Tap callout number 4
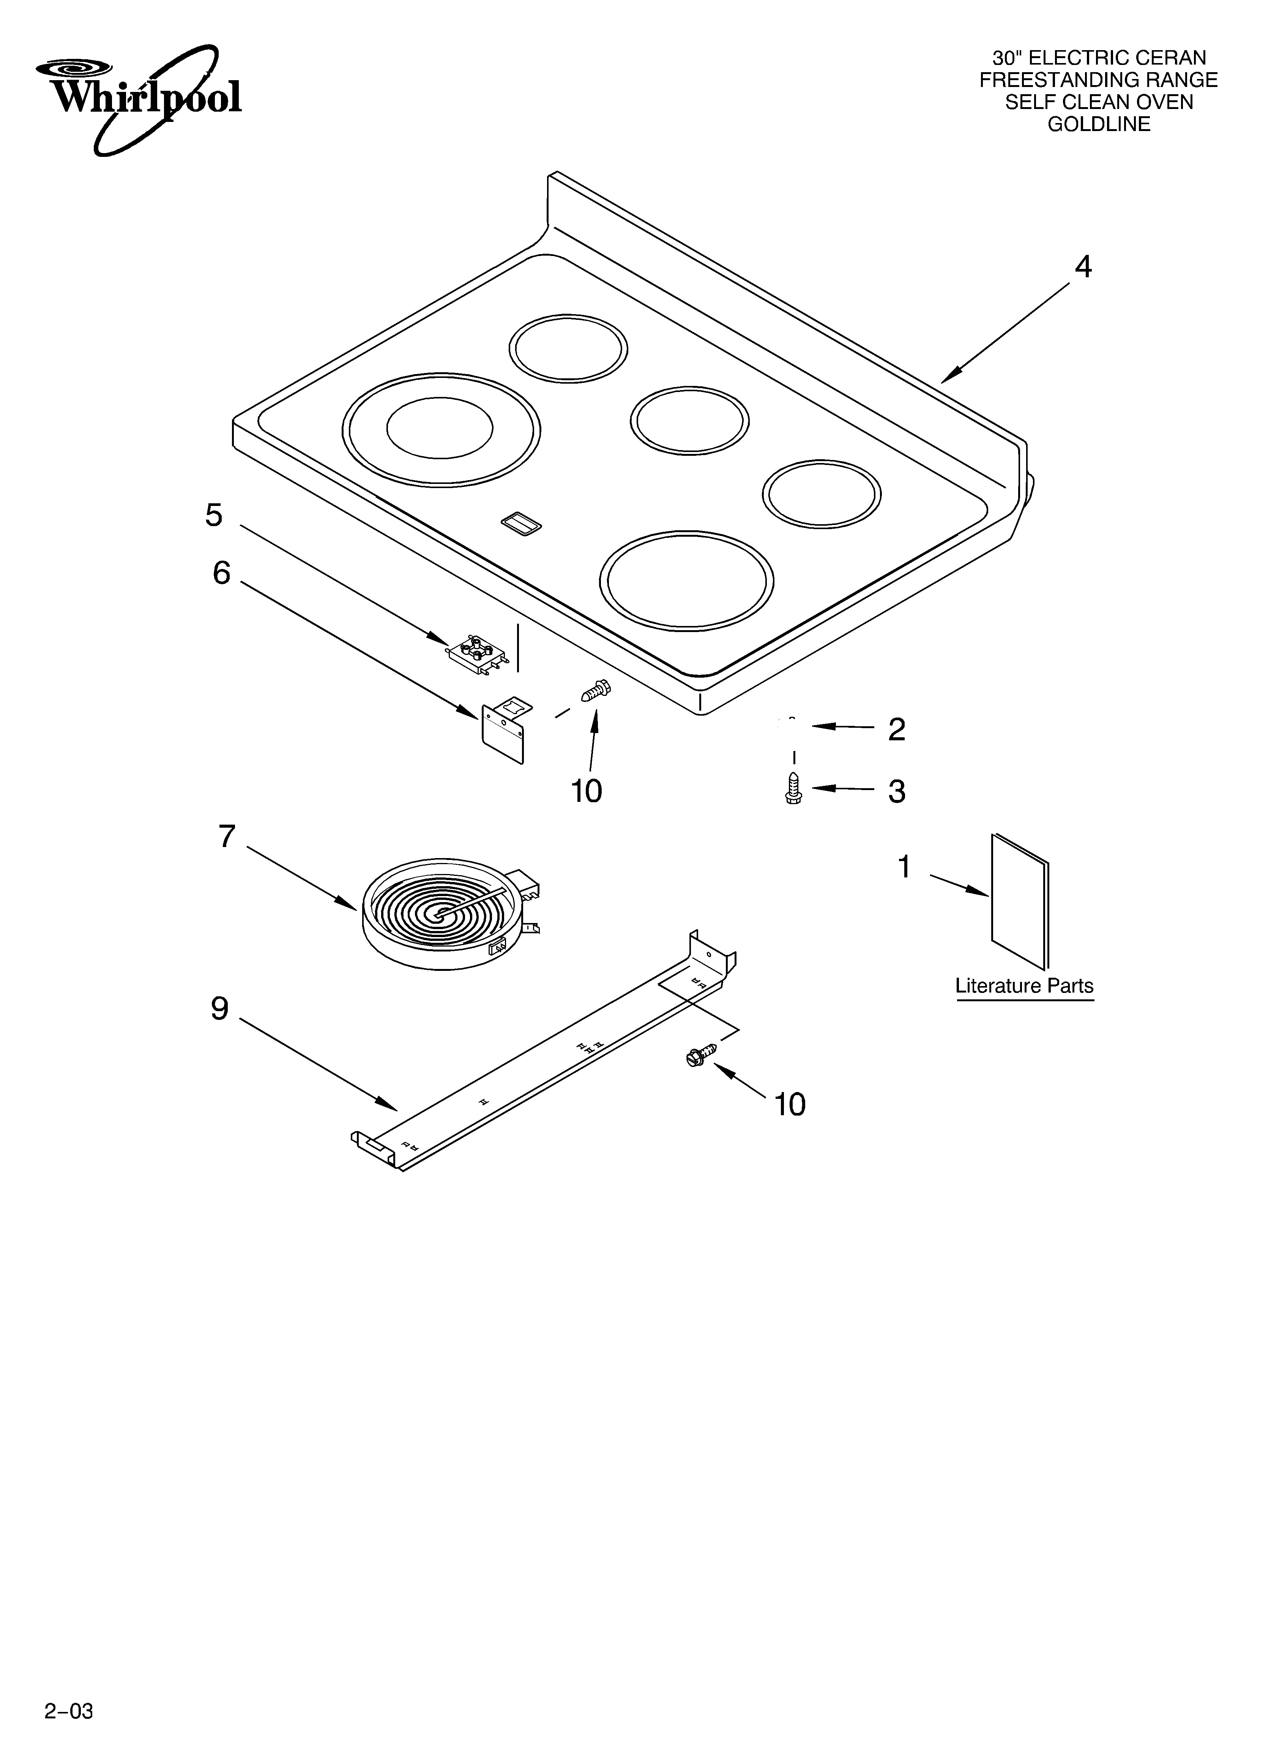click(x=1083, y=267)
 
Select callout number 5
click(x=214, y=515)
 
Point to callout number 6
click(x=221, y=573)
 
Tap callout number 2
click(x=896, y=729)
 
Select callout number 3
click(x=896, y=791)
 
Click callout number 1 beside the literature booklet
click(x=903, y=867)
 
